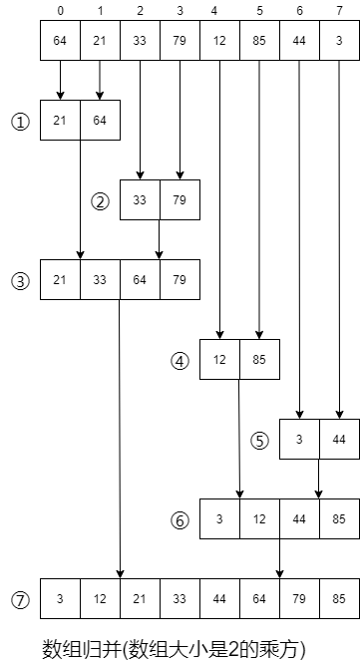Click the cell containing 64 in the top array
pos(60,40)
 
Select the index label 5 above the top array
pos(259,11)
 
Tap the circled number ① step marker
pos(20,123)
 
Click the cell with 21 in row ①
pos(60,120)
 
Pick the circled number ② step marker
pos(101,202)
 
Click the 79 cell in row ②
pos(180,199)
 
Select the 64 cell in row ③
pos(140,279)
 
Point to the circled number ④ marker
pos(180,361)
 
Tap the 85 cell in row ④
pos(259,359)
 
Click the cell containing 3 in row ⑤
pos(300,439)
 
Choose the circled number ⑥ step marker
pos(180,520)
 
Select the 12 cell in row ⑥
pos(259,518)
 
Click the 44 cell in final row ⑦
pos(219,598)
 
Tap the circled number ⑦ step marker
pos(20,601)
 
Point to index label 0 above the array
pos(60,11)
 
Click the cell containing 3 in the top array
pos(340,40)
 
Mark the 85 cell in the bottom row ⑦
pos(340,598)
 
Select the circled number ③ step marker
pos(20,281)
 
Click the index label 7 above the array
pos(340,11)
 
